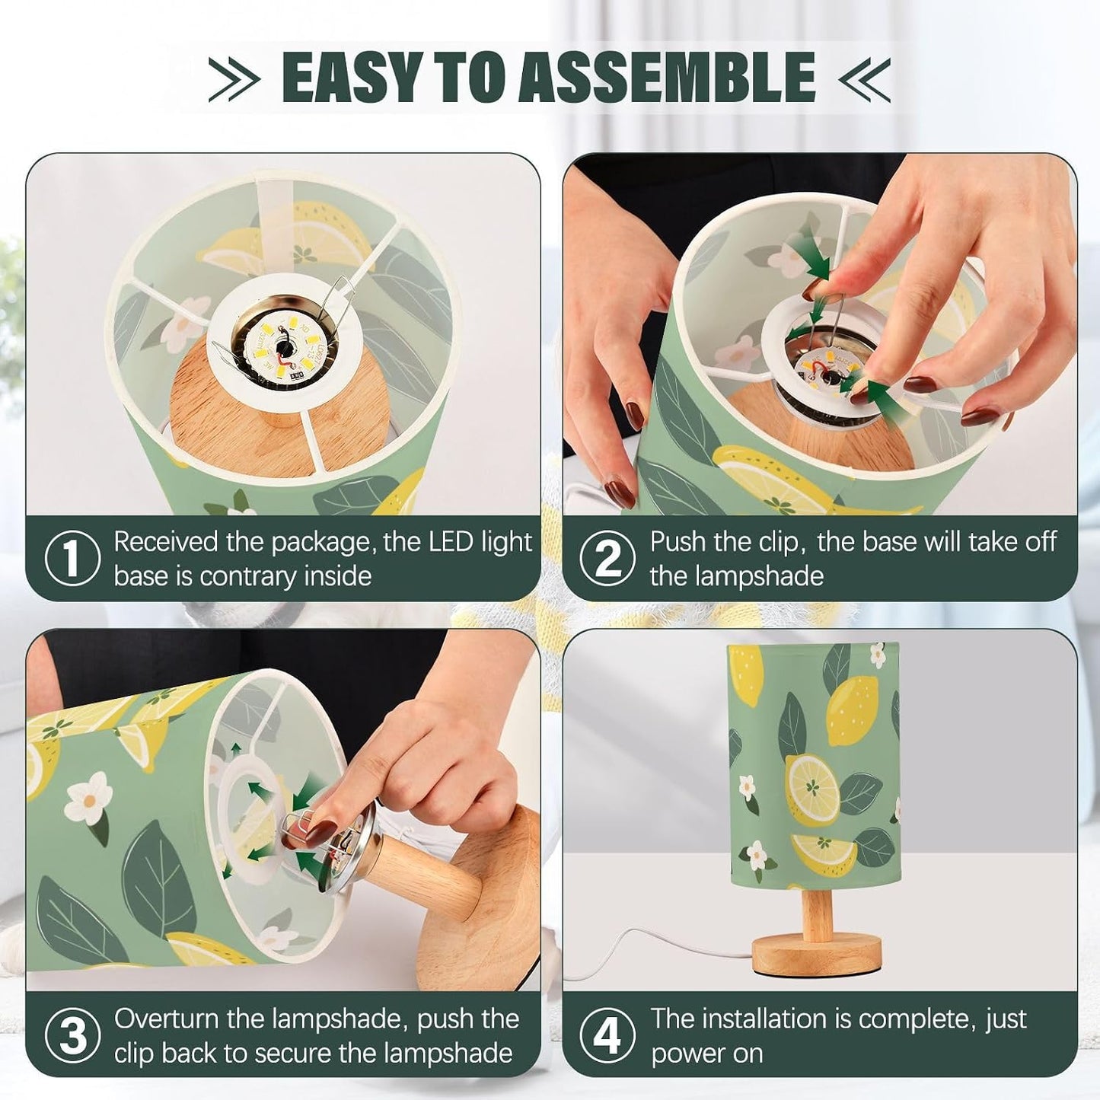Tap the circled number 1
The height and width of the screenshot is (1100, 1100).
tap(72, 559)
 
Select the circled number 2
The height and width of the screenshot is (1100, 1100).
tap(607, 559)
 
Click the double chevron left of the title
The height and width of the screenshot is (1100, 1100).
tap(234, 78)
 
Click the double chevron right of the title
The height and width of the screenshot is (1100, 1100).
tap(864, 78)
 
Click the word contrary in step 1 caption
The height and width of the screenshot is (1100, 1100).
tap(253, 576)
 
